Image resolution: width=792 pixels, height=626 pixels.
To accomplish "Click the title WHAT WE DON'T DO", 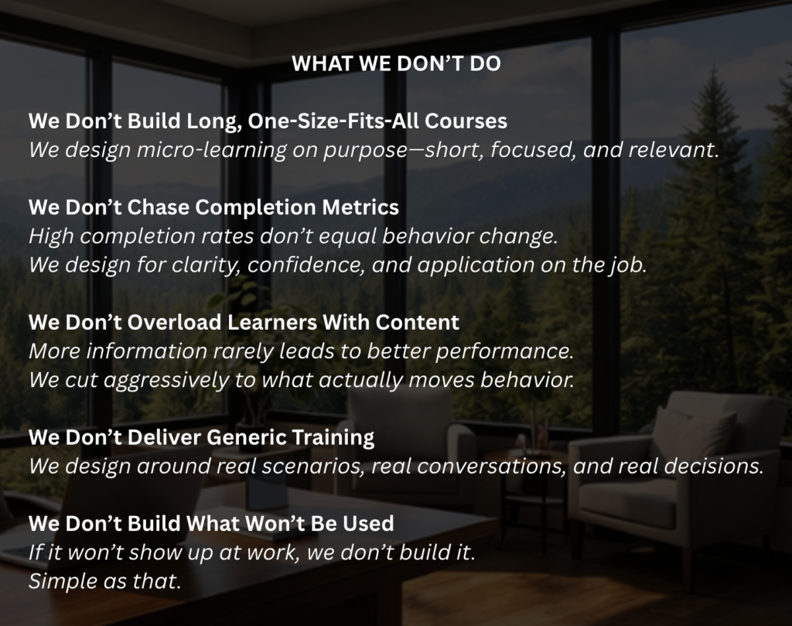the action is (396, 63).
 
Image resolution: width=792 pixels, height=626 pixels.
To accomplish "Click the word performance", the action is (504, 351).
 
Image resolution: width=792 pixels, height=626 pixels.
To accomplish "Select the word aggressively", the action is (166, 381).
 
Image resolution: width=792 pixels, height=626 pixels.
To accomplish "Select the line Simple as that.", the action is (104, 581).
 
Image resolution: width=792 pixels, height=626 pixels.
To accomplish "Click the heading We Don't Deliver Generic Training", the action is (202, 438).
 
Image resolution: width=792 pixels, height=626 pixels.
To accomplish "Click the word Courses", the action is (466, 121).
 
